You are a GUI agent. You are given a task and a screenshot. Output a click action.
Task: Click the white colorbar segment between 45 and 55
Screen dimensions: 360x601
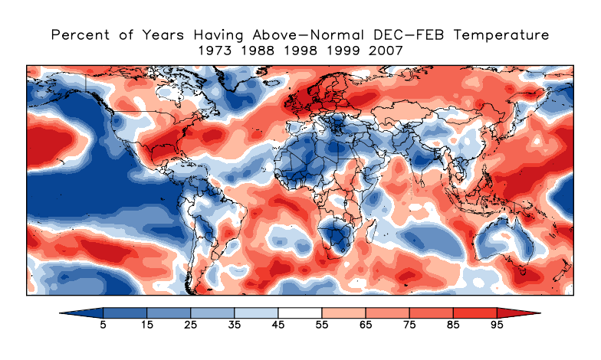300,313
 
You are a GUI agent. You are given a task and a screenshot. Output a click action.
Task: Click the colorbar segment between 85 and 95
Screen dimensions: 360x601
475,313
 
